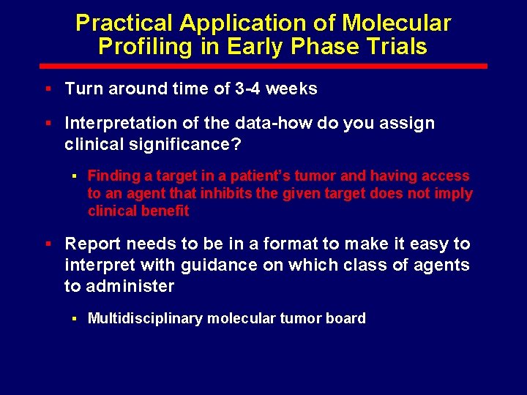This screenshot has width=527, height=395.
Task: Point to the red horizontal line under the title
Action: (263, 66)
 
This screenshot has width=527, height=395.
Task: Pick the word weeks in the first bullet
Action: (291, 89)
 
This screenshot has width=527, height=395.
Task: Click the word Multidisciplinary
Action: (146, 318)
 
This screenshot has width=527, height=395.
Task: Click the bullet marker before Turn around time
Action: (48, 89)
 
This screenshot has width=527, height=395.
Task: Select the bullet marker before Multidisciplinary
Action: (74, 318)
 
